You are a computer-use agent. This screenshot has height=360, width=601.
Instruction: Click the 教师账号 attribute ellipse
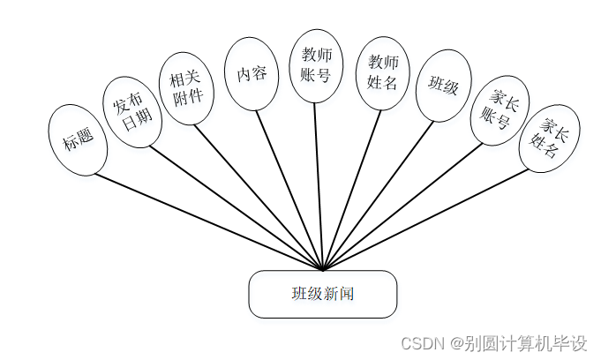pos(315,66)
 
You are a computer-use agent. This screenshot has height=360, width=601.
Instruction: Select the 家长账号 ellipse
pos(498,109)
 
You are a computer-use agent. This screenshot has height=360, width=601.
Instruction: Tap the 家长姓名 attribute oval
pos(548,139)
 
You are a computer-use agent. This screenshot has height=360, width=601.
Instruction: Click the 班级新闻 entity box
pos(322,294)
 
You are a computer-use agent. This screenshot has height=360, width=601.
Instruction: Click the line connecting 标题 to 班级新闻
pos(208,221)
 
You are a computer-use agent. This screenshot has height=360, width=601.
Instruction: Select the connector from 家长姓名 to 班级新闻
pos(427,218)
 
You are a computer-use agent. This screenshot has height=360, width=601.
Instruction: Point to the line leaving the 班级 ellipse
pos(379,194)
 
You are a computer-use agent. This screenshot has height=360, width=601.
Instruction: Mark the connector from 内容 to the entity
pos(291,189)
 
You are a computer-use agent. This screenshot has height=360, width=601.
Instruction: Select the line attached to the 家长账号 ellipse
pos(403,206)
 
